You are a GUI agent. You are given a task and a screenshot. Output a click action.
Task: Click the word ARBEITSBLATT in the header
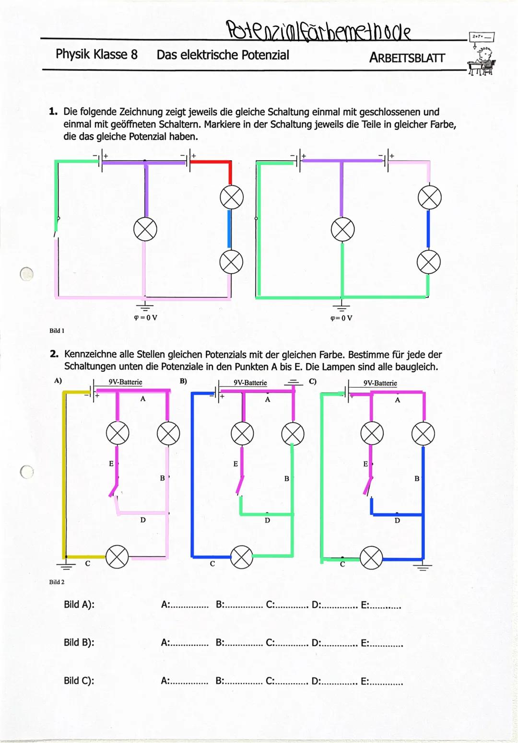[x=407, y=58]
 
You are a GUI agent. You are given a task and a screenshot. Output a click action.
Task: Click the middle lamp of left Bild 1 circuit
[x=145, y=229]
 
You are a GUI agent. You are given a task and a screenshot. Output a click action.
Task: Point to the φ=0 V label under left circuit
[x=145, y=317]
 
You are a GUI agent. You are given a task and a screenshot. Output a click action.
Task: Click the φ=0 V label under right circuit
[x=341, y=318]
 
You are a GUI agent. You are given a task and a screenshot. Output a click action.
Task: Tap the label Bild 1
[x=57, y=331]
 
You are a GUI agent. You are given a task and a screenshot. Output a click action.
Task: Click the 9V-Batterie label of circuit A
[x=125, y=382]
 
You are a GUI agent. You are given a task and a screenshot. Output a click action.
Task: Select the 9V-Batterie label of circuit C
[x=380, y=383]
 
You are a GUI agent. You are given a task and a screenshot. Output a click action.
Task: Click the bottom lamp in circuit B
[x=242, y=557]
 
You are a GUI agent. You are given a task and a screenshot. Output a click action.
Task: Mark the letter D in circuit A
[x=143, y=520]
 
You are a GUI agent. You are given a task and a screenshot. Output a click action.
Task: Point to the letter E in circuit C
[x=365, y=464]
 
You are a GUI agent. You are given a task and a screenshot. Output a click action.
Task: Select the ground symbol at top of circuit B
[x=293, y=383]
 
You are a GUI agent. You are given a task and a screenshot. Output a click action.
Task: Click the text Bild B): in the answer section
[x=79, y=642]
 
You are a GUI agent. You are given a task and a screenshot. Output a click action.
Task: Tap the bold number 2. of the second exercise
[x=54, y=354]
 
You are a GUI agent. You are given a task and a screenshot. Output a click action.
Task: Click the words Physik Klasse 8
[x=96, y=54]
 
